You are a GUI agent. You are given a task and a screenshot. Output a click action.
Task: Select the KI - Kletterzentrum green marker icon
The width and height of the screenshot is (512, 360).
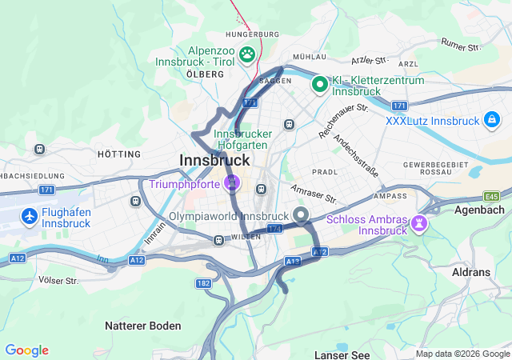pyautogui.click(x=319, y=83)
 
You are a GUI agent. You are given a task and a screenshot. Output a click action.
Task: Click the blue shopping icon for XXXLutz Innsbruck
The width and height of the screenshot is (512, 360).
pyautogui.click(x=491, y=121)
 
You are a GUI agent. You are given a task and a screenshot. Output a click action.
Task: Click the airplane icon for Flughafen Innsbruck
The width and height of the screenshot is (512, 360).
pyautogui.click(x=30, y=217)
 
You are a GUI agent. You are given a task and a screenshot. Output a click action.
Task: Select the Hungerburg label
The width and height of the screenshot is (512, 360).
pyautogui.click(x=252, y=34)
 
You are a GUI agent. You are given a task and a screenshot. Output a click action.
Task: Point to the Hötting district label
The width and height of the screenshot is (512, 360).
pyautogui.click(x=118, y=154)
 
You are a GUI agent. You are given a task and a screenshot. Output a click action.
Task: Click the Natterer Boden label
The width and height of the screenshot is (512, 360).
pyautogui.click(x=143, y=326)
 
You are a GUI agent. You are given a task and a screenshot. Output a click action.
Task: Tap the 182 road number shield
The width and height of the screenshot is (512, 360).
pyautogui.click(x=203, y=283)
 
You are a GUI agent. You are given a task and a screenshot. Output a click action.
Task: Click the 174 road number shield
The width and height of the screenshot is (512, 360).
pyautogui.click(x=274, y=229)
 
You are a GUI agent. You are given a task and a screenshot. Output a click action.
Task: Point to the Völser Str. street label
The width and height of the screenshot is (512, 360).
pyautogui.click(x=58, y=280)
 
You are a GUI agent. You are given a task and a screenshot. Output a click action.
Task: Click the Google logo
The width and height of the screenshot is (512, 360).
pyautogui.click(x=26, y=350)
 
